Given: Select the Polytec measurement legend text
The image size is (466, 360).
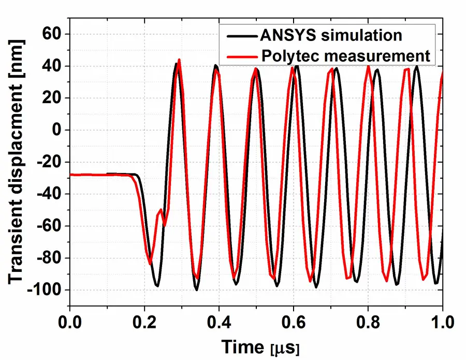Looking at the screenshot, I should pyautogui.click(x=345, y=55).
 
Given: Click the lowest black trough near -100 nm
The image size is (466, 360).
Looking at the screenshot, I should pyautogui.click(x=197, y=290).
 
